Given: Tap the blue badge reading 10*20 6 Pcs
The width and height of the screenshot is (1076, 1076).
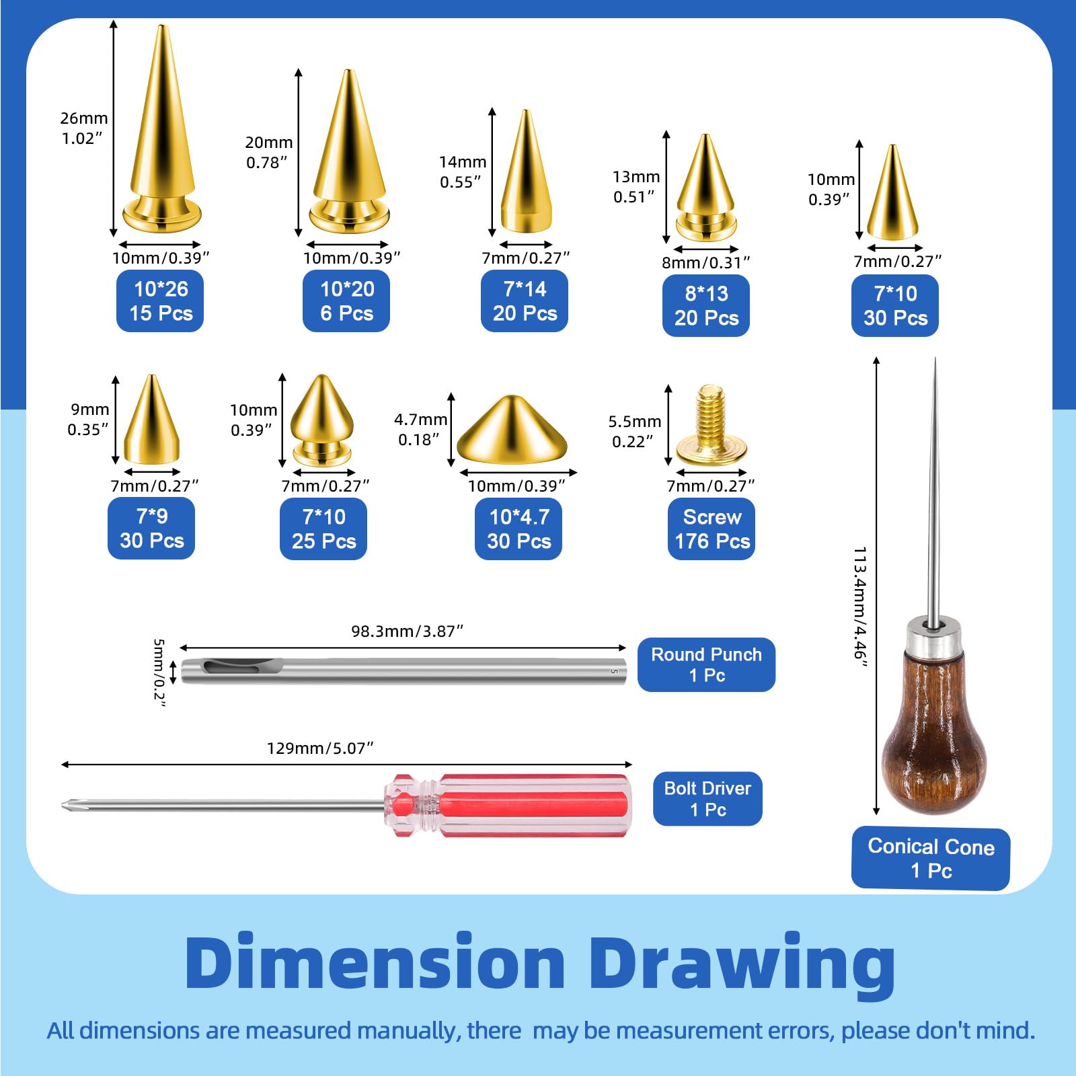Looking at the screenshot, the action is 346,301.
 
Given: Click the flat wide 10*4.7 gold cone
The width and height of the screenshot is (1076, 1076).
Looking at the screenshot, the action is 512,430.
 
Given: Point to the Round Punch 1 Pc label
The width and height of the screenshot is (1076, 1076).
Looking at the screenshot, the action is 706,664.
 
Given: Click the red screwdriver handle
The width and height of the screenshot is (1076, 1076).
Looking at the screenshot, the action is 508,805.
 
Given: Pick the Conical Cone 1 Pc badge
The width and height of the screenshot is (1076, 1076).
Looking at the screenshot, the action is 931,858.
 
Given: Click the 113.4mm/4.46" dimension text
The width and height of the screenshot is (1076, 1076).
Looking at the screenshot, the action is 860,607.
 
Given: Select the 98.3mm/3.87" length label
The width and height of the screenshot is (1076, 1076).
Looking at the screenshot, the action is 408,631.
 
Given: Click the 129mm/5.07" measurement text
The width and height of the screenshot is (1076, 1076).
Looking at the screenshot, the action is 320,748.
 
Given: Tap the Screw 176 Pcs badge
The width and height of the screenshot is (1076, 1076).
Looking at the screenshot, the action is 712,529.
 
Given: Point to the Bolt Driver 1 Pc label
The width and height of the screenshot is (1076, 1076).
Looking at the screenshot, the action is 707,798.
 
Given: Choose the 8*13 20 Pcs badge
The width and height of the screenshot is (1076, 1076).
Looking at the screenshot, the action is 706,305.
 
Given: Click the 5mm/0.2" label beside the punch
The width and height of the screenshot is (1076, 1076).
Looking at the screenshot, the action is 159,672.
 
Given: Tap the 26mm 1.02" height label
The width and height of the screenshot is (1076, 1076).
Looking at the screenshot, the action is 84,128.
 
